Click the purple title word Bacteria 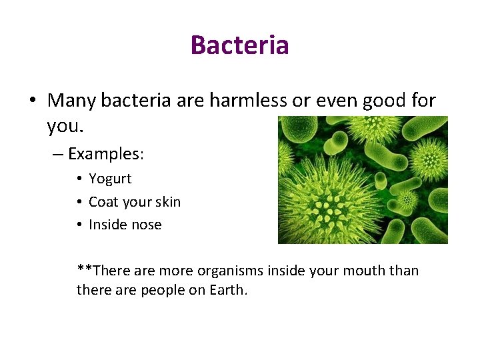pos(239,45)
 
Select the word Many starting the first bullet pos(72,101)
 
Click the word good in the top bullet pos(383,101)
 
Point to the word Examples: pos(106,154)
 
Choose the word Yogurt pos(110,179)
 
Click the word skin pos(167,202)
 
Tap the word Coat pos(103,202)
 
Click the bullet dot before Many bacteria pos(33,101)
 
